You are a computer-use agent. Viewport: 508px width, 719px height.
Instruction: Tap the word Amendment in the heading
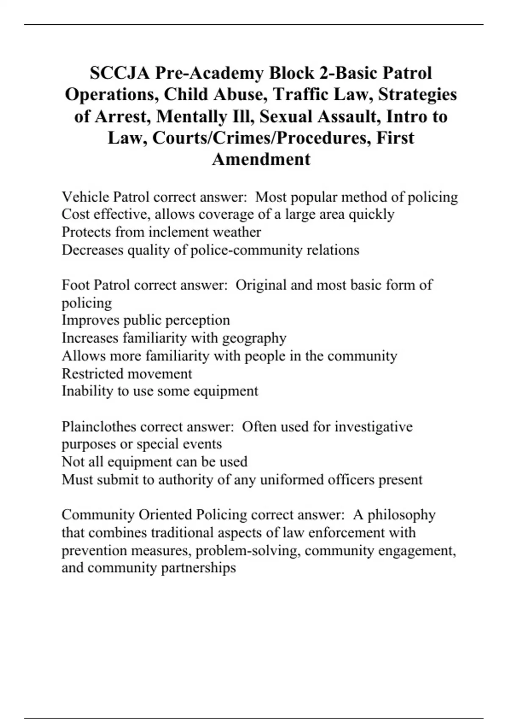[261, 159]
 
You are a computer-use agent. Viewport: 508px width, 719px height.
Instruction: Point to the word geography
[254, 338]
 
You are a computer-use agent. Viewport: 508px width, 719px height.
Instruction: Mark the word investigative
[373, 427]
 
